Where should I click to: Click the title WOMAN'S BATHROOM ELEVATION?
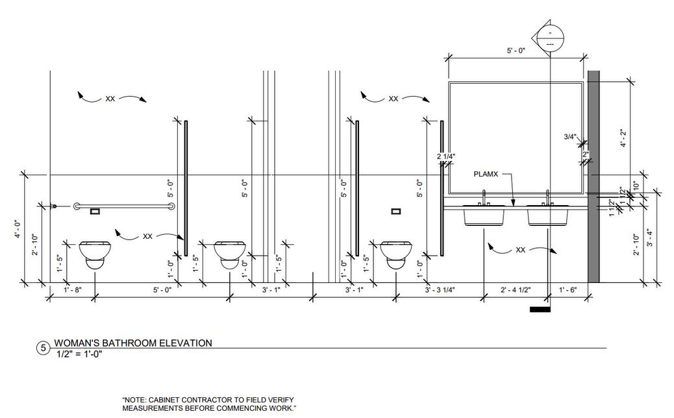pos(133,343)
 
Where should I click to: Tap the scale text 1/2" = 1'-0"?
pos(80,354)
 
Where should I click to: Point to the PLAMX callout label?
pos(486,174)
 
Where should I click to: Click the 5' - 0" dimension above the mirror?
pos(517,50)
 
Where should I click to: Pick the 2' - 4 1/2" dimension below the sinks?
pos(516,290)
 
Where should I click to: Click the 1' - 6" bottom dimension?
pos(569,290)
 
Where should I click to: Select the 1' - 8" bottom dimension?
pos(73,290)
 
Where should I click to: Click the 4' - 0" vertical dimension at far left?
pos(19,228)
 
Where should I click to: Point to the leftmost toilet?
pos(95,254)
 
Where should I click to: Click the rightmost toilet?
pos(395,254)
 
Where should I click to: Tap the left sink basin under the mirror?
pos(485,216)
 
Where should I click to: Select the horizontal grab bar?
pos(123,206)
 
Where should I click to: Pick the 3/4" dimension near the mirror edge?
pos(570,137)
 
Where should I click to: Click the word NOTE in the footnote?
pos(135,400)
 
